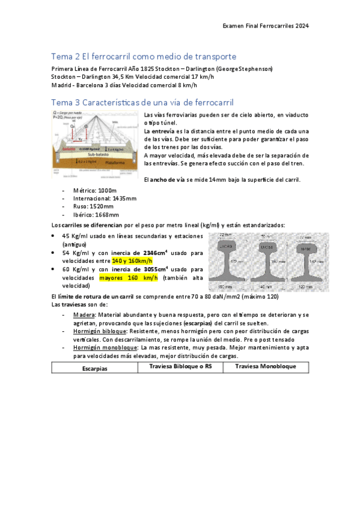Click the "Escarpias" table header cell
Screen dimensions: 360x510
pyautogui.click(x=95, y=368)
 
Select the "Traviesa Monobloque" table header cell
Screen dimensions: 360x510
pyautogui.click(x=264, y=366)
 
